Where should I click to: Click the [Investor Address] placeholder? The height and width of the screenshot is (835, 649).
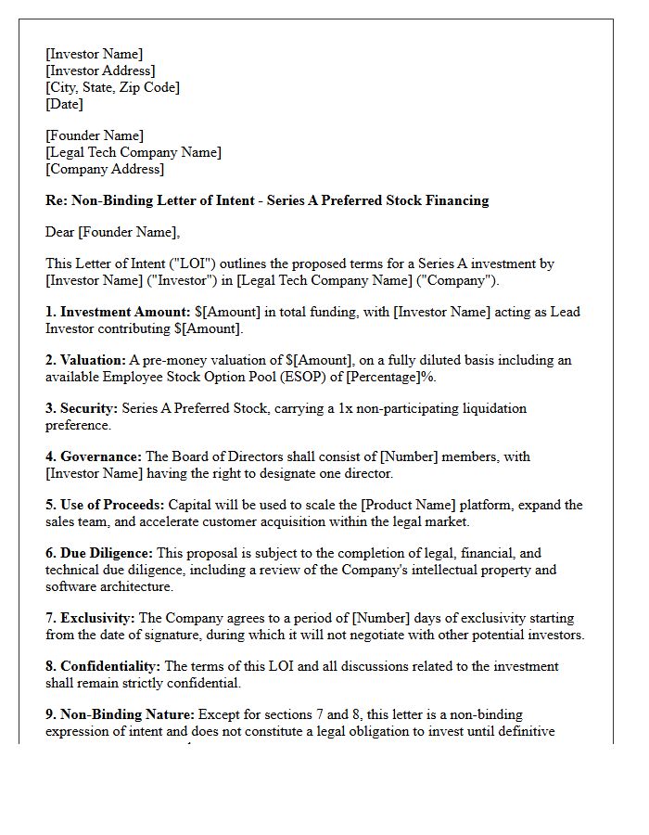[x=100, y=71]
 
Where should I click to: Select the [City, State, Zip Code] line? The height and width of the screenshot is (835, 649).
[x=112, y=87]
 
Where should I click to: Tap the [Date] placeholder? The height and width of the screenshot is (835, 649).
[x=64, y=104]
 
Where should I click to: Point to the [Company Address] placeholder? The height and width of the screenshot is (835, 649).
[x=105, y=169]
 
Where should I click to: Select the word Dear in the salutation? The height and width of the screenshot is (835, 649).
[x=61, y=232]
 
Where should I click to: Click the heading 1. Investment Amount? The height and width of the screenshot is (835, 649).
[x=118, y=312]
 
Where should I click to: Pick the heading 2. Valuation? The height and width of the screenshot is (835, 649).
[x=86, y=360]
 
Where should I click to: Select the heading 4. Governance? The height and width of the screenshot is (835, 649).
[x=94, y=456]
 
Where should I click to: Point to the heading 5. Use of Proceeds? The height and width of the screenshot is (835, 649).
[x=105, y=505]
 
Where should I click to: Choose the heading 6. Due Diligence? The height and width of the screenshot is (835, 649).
[x=99, y=553]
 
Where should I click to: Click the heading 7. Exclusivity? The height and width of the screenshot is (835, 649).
[x=90, y=618]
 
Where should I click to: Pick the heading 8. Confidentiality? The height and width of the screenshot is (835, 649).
[x=103, y=666]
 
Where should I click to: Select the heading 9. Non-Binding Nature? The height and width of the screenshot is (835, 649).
[x=120, y=714]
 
